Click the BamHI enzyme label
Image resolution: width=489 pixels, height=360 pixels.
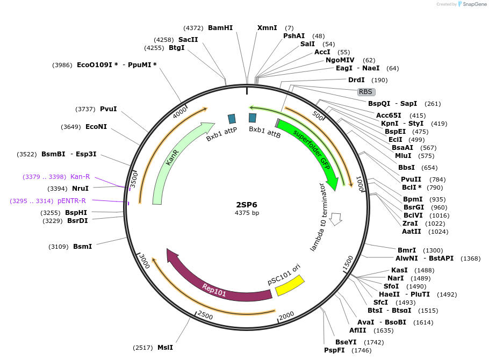[220, 28]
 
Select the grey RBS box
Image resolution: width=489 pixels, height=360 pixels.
[366, 92]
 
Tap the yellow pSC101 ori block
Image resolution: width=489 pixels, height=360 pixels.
[290, 285]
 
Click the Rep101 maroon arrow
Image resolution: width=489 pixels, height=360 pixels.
[215, 287]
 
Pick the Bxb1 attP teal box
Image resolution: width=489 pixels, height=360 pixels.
[232, 119]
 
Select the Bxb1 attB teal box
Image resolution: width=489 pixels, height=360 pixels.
[252, 118]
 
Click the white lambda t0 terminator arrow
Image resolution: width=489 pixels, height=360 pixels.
[336, 218]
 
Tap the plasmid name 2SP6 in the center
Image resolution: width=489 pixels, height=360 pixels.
[247, 204]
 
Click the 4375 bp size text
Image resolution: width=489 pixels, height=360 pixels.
[247, 213]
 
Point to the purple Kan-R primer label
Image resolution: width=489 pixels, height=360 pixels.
[80, 177]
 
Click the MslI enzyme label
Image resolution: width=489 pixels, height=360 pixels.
[165, 348]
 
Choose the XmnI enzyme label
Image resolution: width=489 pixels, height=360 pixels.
[267, 28]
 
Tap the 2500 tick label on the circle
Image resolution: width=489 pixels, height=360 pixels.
[205, 315]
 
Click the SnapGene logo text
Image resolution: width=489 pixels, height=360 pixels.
[473, 4]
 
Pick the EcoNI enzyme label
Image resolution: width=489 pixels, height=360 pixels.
[96, 127]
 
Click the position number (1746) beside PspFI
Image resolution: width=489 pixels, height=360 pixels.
[361, 350]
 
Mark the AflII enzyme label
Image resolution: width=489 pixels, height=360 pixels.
[357, 330]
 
